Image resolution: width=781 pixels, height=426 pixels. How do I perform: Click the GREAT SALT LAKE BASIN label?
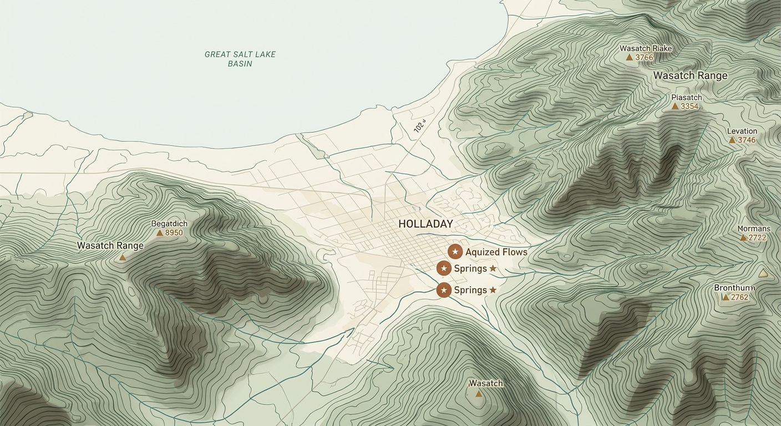(240, 59)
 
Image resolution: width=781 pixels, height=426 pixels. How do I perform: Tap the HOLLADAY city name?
(425, 224)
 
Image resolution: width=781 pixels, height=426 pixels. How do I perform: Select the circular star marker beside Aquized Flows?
(455, 252)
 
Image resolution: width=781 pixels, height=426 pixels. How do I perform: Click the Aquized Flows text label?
(496, 252)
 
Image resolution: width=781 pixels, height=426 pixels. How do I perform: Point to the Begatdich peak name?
(169, 224)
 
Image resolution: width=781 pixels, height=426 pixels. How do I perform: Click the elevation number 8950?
(174, 233)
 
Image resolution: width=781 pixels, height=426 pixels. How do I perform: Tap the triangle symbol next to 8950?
(160, 233)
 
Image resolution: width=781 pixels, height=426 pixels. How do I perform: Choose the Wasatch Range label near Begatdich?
(110, 246)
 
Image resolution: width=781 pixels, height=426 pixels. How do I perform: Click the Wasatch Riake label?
(646, 48)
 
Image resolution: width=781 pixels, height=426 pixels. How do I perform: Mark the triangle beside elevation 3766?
(629, 57)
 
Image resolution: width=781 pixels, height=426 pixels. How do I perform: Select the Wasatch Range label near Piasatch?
(690, 75)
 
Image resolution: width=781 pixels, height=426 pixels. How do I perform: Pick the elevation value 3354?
(689, 106)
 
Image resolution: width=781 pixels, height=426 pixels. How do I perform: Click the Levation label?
(742, 131)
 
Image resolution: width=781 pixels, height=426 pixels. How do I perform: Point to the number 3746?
(747, 140)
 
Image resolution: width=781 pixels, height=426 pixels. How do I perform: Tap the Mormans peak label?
(754, 229)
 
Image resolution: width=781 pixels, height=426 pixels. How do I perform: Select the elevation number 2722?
(757, 238)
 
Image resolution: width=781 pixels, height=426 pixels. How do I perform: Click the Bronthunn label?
(734, 288)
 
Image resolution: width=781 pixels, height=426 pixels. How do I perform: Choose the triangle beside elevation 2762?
(725, 297)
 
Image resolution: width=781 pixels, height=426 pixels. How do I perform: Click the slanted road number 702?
(419, 126)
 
